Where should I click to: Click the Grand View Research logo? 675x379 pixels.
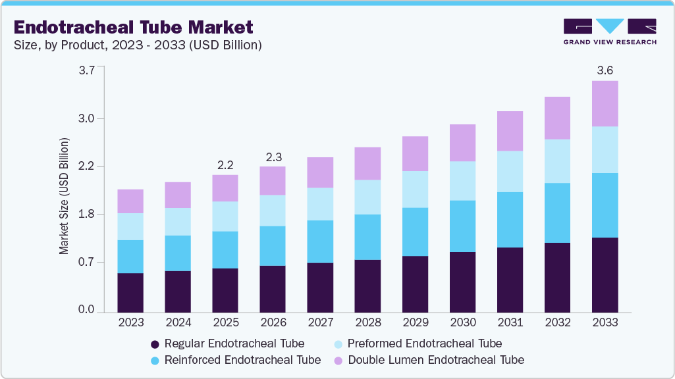(609, 32)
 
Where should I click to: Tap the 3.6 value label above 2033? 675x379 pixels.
(605, 70)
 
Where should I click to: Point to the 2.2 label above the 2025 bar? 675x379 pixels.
(225, 164)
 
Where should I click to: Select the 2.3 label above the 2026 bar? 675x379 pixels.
(273, 157)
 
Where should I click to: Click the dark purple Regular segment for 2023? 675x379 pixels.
(130, 292)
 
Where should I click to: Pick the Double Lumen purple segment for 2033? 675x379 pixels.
(605, 103)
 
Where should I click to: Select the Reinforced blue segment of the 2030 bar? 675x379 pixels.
(462, 226)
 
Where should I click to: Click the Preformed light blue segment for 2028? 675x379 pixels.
(367, 197)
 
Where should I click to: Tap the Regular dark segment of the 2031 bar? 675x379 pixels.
(510, 279)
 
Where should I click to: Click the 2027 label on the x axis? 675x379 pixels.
(320, 322)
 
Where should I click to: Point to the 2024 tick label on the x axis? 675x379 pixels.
(178, 322)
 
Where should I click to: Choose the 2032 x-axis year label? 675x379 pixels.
(557, 322)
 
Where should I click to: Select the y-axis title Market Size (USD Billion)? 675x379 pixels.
(64, 196)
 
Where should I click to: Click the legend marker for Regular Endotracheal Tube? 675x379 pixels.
(155, 344)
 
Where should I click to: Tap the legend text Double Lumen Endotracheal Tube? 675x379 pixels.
(436, 360)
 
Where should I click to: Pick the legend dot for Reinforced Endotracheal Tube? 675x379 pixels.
(155, 361)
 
